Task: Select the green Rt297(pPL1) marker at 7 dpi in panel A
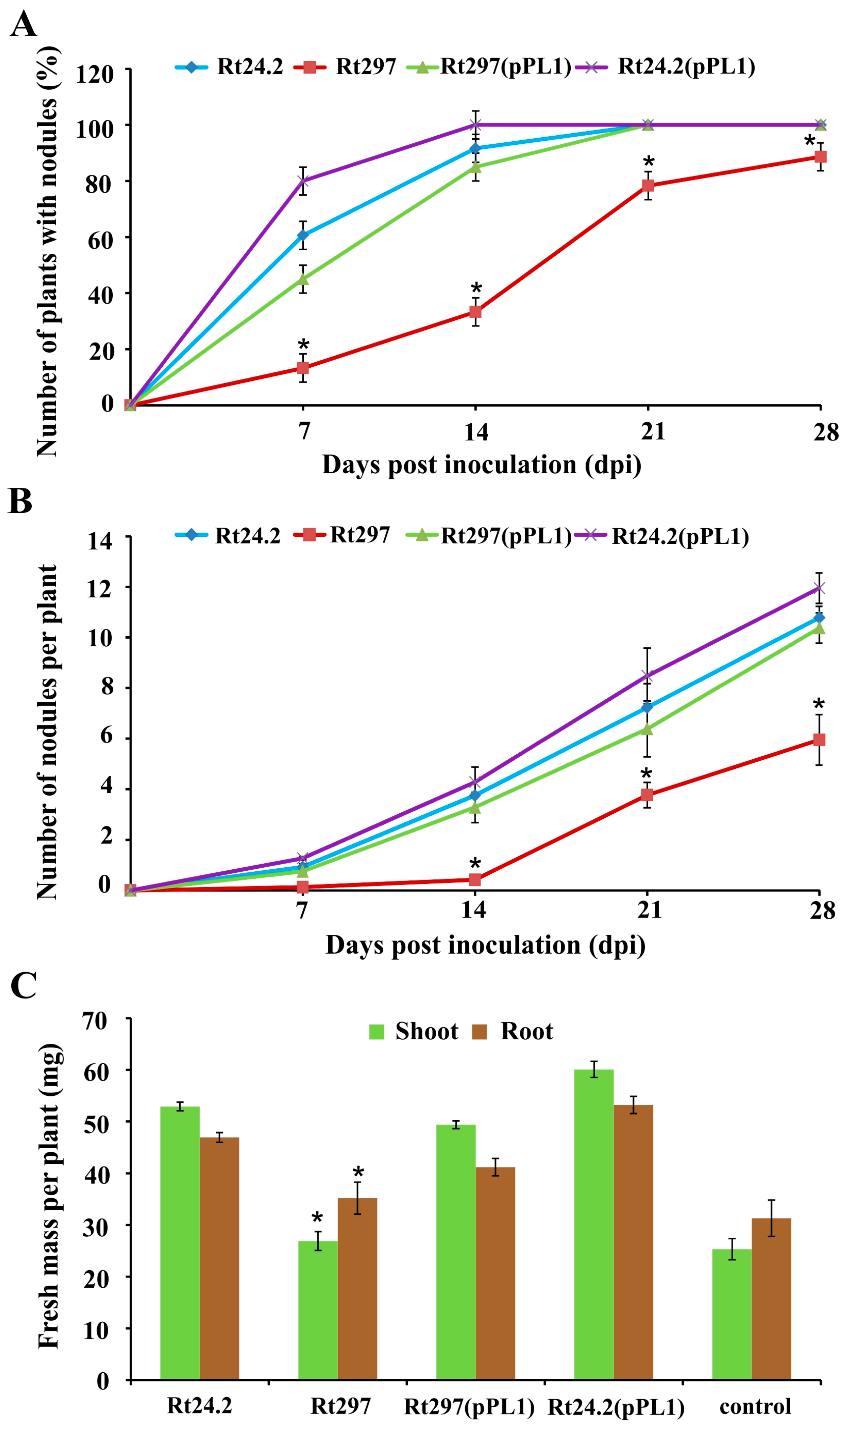303,279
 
